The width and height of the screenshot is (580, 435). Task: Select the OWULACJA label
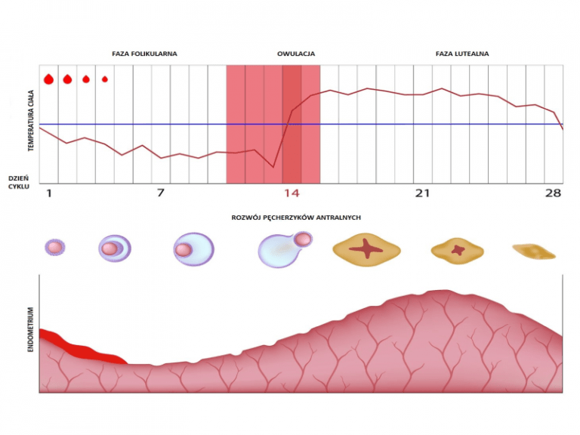[x=296, y=54]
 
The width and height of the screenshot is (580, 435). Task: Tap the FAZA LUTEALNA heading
[x=462, y=54]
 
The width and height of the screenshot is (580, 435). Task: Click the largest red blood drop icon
[x=49, y=79]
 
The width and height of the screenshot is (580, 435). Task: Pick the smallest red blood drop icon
[x=105, y=79]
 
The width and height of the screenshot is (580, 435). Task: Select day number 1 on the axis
[x=49, y=193]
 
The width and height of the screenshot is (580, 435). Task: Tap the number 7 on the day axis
[x=160, y=193]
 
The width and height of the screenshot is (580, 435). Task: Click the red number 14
[x=292, y=193]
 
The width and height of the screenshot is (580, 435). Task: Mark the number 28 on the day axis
[x=553, y=193]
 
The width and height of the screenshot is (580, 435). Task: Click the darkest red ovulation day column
[x=292, y=125]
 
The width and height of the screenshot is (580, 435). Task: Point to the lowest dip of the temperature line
[x=273, y=167]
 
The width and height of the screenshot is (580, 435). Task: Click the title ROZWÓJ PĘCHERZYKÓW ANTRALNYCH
[x=295, y=217]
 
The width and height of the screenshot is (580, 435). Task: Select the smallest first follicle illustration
[x=54, y=247]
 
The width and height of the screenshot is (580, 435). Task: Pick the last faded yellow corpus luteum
[x=533, y=251]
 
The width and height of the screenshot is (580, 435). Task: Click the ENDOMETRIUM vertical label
[x=32, y=332]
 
